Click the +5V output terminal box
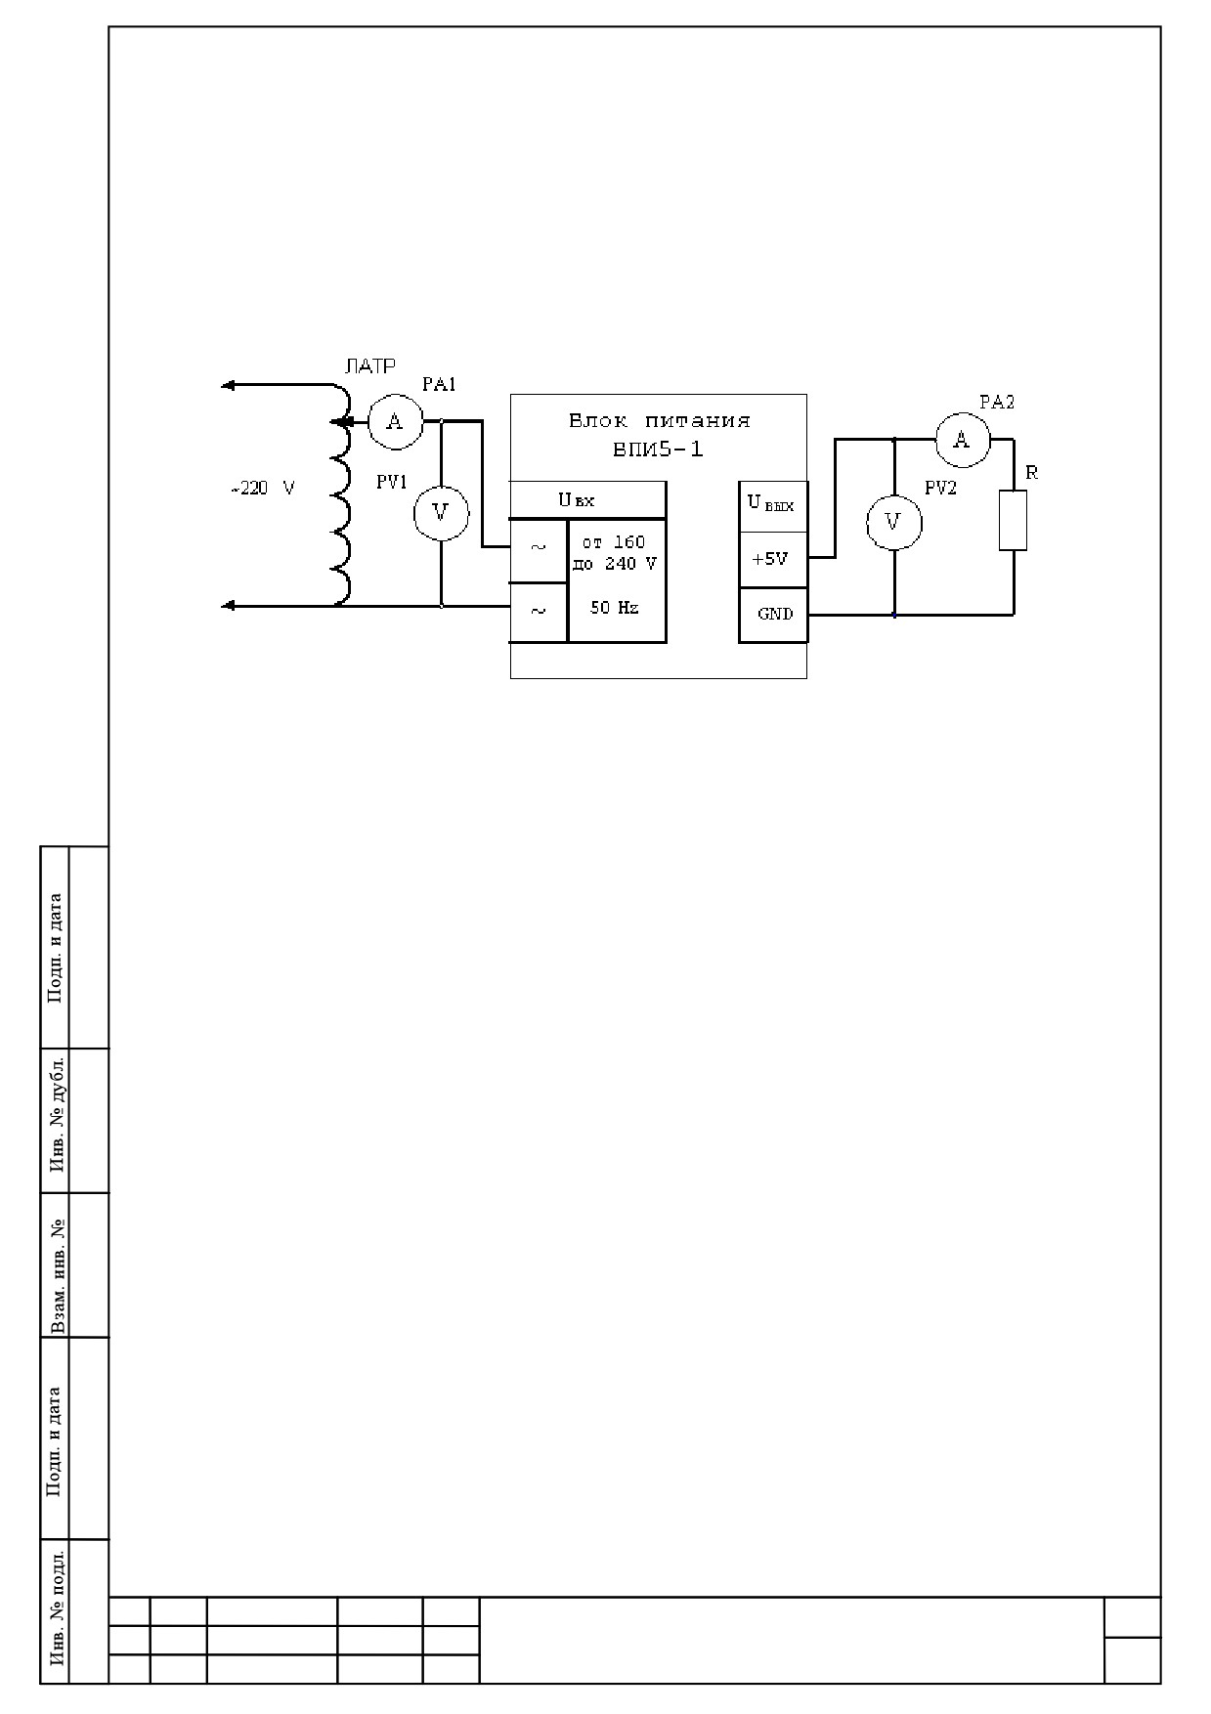pyautogui.click(x=773, y=560)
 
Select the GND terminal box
pyautogui.click(x=773, y=615)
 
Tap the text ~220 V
pyautogui.click(x=262, y=489)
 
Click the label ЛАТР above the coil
pyautogui.click(x=370, y=366)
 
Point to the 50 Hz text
pyautogui.click(x=614, y=608)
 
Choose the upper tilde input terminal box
pyautogui.click(x=539, y=548)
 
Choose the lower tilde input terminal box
pyautogui.click(x=539, y=613)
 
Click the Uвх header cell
pyautogui.click(x=588, y=500)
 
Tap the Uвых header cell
pyautogui.click(x=773, y=506)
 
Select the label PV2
pyautogui.click(x=940, y=489)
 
